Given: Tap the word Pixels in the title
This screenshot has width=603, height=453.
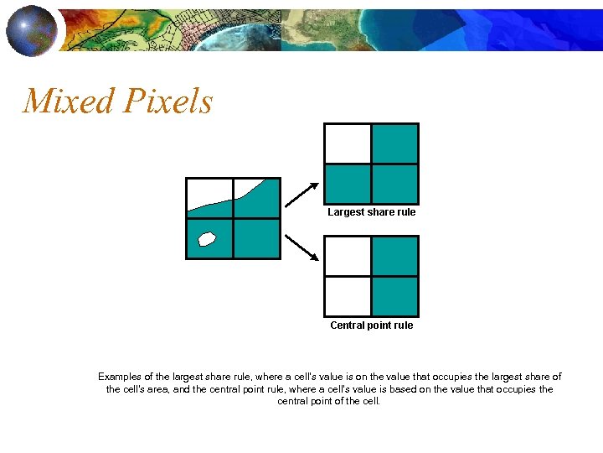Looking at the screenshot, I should pos(167,102).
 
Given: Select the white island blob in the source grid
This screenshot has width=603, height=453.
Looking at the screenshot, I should pos(207,238).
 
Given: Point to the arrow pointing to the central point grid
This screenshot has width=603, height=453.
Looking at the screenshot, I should pos(301,247).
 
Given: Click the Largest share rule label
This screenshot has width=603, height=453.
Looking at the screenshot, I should pos(371,212).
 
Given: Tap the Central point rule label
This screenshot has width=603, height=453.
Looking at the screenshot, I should pos(371,325).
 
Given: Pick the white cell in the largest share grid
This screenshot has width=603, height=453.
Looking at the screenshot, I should pos(348,143).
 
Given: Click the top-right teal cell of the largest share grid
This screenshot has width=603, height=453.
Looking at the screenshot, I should pos(394,143).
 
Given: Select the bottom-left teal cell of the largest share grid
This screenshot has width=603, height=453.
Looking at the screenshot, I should pos(348,184).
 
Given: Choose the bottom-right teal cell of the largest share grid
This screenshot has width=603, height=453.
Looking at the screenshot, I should pos(394,184).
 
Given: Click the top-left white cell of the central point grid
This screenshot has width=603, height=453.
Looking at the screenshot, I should pos(348,256).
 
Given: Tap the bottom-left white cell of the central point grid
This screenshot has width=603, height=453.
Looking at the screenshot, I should pos(348,296).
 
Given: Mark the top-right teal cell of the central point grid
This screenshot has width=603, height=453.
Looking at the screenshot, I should pos(394,256).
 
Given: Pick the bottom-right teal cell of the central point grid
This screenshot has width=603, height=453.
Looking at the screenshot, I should pos(394,296).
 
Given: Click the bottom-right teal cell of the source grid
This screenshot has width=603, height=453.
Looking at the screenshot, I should pos(256,238).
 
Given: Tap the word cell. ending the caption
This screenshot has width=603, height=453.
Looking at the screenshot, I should pos(368,401).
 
